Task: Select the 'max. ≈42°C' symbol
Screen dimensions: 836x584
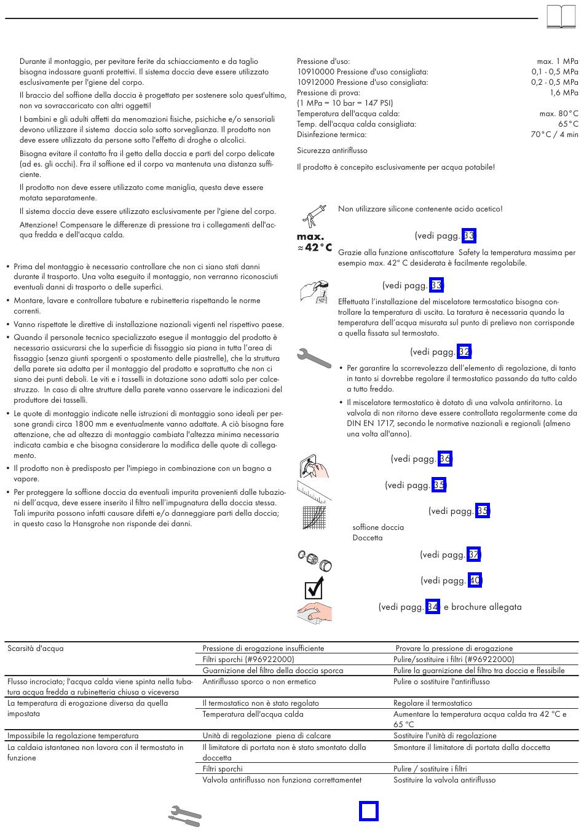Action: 314,242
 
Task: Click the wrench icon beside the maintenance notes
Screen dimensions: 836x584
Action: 314,358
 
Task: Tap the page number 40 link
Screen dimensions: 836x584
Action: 475,580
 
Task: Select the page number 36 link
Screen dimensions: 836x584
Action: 445,459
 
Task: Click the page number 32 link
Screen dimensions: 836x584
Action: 464,352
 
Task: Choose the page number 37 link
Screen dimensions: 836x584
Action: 473,554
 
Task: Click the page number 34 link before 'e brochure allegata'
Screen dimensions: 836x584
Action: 433,607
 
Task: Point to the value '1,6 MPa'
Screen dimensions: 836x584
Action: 564,93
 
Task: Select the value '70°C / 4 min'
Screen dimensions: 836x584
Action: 554,135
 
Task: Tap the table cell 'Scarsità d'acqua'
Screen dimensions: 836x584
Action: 36,649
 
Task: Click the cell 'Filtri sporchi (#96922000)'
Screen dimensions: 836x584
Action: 248,660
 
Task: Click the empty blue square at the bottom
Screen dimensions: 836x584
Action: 369,811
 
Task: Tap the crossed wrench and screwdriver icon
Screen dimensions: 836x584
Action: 185,816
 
